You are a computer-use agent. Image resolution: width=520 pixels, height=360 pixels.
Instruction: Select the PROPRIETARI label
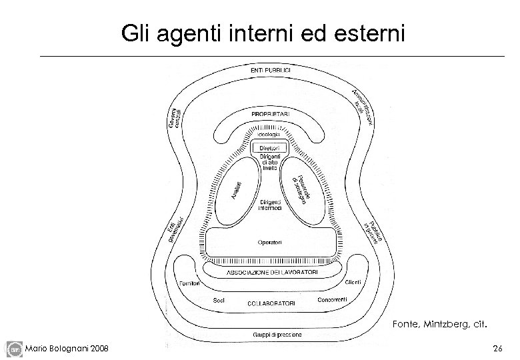point(270,114)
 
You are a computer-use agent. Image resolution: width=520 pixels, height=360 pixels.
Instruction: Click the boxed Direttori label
point(270,147)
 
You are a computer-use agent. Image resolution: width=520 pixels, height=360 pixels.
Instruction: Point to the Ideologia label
point(270,135)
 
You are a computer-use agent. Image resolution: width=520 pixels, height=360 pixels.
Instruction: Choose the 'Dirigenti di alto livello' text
point(270,162)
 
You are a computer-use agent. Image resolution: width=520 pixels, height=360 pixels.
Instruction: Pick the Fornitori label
point(192,283)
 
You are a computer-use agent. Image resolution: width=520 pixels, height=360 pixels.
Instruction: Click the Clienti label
point(353,283)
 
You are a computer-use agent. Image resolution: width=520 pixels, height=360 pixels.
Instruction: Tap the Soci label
point(219,301)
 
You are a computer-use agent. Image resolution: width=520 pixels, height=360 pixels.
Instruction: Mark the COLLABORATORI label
point(271,303)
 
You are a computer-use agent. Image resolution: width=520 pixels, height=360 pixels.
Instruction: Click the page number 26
point(496,348)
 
